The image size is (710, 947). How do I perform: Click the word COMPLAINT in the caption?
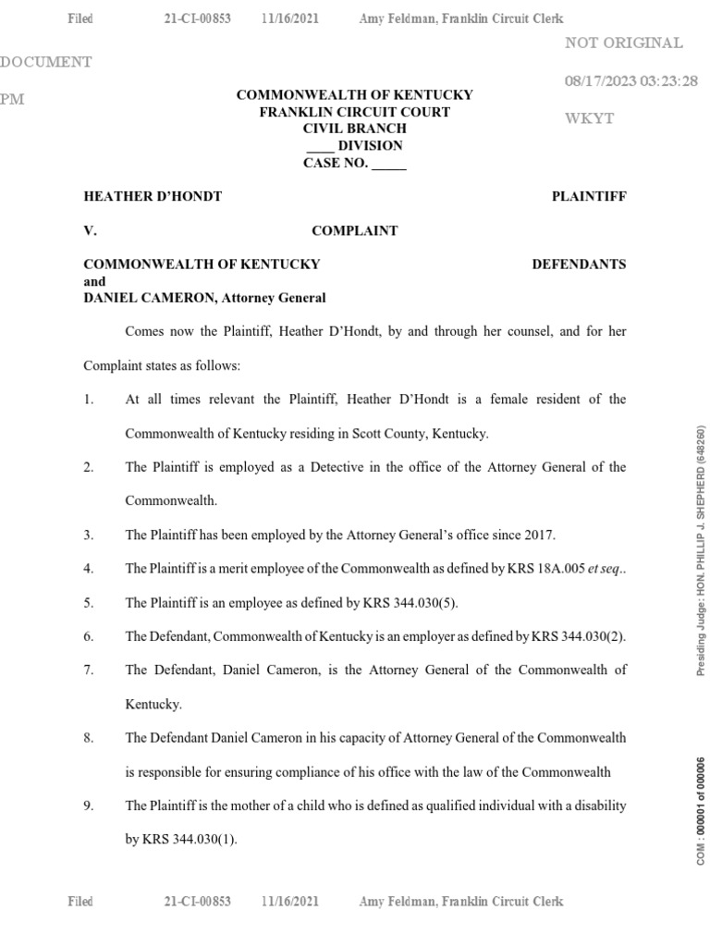[x=355, y=230]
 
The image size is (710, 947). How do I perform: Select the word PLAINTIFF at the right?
[x=588, y=196]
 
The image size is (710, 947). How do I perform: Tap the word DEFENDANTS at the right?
[x=579, y=264]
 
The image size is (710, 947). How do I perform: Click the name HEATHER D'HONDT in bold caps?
[x=153, y=196]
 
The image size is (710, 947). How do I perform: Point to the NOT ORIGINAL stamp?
[x=623, y=43]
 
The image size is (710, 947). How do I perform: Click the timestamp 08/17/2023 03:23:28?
[x=630, y=81]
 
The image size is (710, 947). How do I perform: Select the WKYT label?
[x=588, y=119]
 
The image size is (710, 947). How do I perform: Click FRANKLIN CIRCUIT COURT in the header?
[x=355, y=112]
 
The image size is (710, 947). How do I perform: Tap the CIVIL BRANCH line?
[x=355, y=129]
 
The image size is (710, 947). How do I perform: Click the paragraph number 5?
[x=88, y=603]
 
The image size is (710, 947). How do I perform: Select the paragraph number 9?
[x=88, y=806]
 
